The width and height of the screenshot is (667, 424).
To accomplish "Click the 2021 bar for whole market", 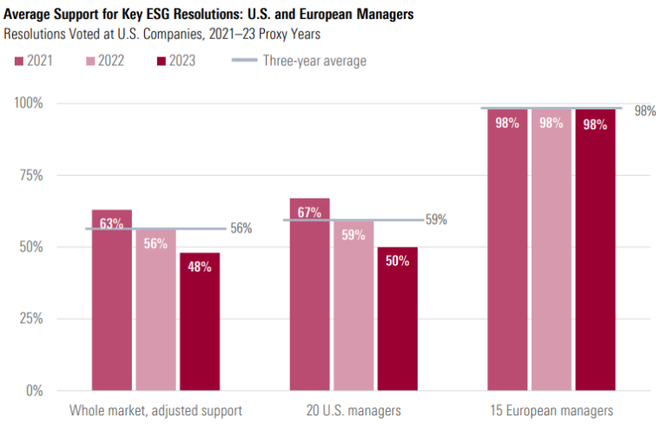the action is point(112,300).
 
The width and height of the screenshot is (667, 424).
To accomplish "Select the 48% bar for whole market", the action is point(200,322).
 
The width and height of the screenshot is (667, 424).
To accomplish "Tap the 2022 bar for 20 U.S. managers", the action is point(353,305).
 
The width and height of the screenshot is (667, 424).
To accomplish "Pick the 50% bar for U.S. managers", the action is point(398,318).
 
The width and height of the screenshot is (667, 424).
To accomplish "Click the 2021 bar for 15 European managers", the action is point(507,250).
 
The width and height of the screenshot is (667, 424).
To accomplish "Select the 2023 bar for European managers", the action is point(596,250).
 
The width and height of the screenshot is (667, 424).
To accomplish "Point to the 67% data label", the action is point(309,212).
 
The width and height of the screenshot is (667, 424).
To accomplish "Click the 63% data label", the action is point(111,224).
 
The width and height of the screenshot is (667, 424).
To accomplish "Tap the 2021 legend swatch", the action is point(19,62).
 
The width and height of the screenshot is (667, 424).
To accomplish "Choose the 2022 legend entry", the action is point(104,61).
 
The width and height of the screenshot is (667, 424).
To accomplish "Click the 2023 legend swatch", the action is point(162,62).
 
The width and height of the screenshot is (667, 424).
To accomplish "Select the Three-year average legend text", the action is point(314,61).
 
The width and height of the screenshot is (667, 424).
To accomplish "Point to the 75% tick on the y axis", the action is point(31,175).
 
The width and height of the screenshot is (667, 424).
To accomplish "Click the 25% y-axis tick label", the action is point(31,318).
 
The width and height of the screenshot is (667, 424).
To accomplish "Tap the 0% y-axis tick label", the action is point(35,390).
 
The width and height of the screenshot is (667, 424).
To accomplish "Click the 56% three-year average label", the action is point(241,228).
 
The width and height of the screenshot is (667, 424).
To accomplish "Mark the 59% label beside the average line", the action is point(437,219).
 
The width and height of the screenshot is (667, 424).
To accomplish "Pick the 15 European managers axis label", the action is point(551,411).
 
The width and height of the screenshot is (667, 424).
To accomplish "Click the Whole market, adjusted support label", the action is point(155,411).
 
